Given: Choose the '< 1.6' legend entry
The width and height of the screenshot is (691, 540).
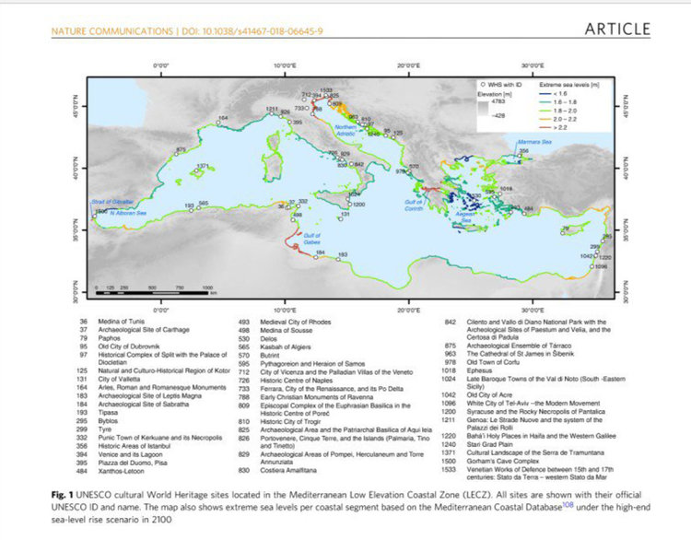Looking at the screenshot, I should click(556, 94).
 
